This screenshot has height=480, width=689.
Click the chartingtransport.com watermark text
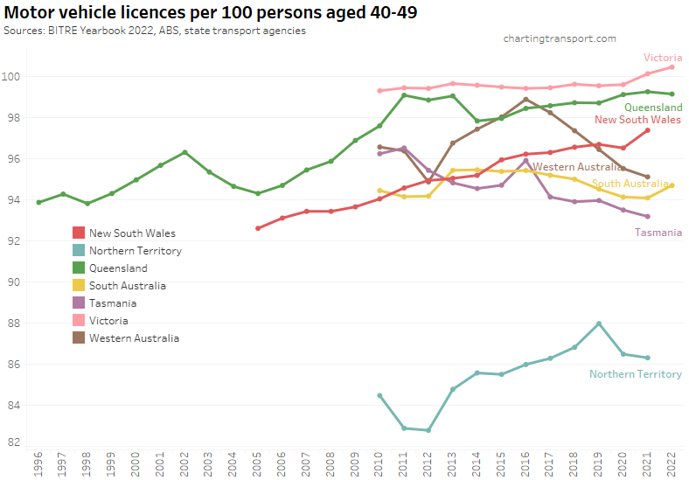point(560,38)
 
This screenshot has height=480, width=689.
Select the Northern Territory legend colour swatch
point(79,251)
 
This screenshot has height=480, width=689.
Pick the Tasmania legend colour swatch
point(79,303)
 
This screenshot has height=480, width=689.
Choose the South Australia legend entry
point(127,286)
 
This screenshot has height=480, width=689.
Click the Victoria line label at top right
point(663,58)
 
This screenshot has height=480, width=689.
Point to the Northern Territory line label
point(635,374)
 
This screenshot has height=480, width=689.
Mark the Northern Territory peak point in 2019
point(599,323)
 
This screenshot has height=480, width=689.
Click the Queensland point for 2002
point(184,152)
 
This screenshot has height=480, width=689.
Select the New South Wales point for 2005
point(258,228)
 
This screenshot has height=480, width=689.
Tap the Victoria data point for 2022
point(672,67)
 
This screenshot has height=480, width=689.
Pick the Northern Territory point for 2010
point(379,395)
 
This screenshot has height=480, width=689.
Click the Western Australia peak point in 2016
point(525,99)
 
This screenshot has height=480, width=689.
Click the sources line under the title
point(155,31)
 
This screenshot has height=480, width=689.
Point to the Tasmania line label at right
point(658,233)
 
